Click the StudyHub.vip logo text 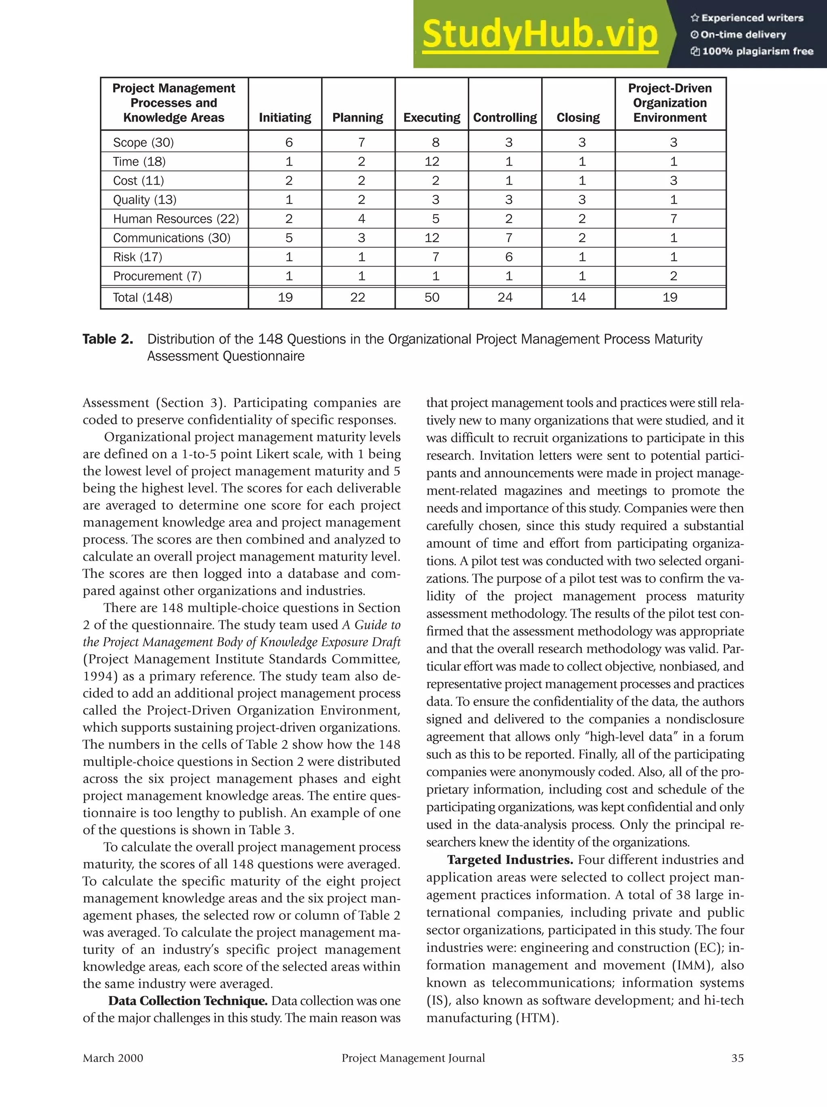point(539,34)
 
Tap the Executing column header point(432,118)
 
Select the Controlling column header point(505,118)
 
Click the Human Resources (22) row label point(176,219)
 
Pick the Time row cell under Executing point(432,162)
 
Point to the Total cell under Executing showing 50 point(432,297)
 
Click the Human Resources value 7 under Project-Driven point(674,219)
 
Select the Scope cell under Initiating point(289,143)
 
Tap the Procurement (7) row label point(157,276)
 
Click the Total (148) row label point(143,297)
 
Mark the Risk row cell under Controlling point(508,257)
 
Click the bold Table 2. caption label point(107,339)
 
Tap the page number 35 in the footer point(737,1058)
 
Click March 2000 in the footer point(113,1058)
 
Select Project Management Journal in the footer point(413,1058)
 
